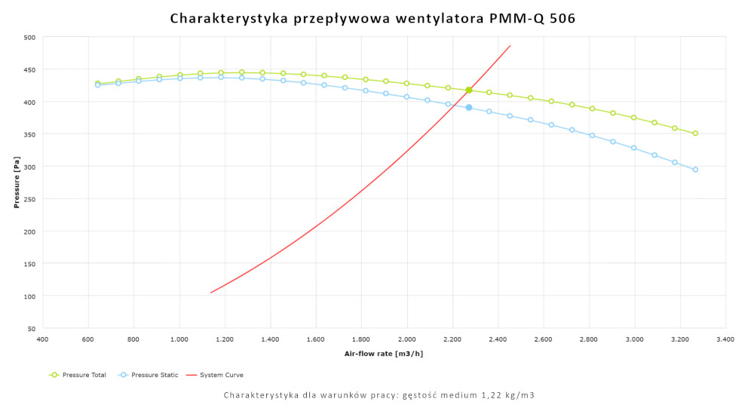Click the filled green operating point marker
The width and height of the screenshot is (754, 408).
click(x=469, y=90)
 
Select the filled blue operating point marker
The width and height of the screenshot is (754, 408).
click(x=469, y=108)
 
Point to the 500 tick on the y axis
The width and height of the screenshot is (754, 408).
click(x=29, y=37)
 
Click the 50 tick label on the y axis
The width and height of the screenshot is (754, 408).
click(x=31, y=328)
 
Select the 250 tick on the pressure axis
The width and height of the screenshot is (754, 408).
click(x=29, y=199)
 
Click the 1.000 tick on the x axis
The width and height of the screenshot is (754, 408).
click(x=179, y=339)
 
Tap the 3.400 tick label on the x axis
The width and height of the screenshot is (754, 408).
click(x=725, y=339)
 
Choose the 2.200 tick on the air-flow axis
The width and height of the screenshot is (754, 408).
click(x=452, y=339)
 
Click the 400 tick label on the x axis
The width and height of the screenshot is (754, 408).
click(x=42, y=339)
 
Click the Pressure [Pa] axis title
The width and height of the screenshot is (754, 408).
click(x=16, y=183)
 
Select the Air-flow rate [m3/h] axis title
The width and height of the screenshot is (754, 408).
click(x=383, y=353)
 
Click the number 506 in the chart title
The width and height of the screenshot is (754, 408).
click(x=562, y=18)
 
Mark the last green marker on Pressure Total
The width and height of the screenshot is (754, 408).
click(x=695, y=133)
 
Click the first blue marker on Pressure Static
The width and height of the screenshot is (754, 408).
click(x=97, y=84)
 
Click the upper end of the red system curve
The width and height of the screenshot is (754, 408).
click(x=510, y=45)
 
